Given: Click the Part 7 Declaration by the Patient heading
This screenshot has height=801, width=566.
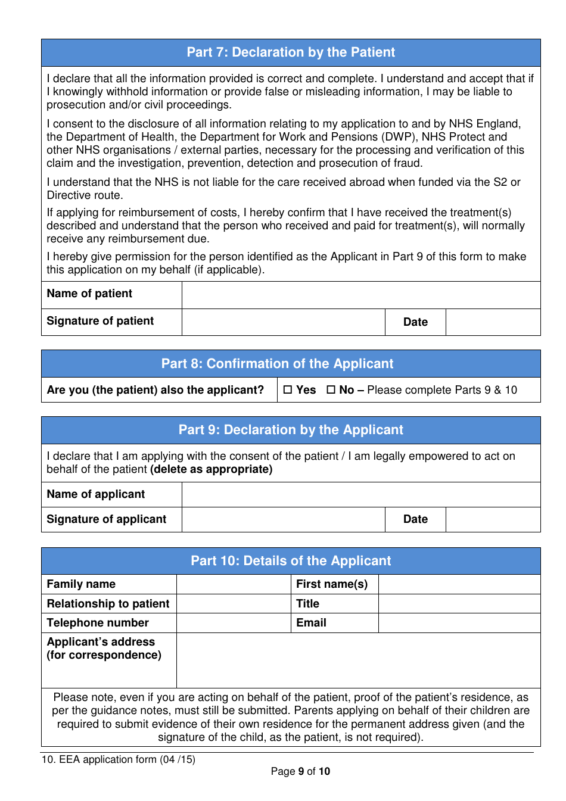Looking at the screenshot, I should (x=291, y=52).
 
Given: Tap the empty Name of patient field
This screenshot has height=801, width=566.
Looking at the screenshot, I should (x=360, y=295).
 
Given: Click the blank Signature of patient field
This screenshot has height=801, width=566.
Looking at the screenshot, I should (x=283, y=322).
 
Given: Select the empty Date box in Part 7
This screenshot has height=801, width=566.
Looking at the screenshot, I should (x=493, y=322).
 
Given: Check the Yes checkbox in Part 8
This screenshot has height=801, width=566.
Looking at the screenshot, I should (x=288, y=390).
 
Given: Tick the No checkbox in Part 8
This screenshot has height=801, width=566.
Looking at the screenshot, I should (x=331, y=390).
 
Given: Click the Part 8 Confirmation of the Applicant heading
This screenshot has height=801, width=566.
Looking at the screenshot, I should (x=278, y=364).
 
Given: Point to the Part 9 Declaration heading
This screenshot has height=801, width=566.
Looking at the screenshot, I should (x=291, y=430).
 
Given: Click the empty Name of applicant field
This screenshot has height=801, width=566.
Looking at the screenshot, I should (x=360, y=495).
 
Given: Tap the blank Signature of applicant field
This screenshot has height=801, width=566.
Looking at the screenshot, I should (x=283, y=520).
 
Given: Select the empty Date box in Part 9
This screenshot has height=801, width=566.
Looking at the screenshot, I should (x=493, y=520).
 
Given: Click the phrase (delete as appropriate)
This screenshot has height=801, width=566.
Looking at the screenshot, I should (x=212, y=469).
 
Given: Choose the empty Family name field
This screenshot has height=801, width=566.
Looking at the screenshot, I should (x=234, y=584).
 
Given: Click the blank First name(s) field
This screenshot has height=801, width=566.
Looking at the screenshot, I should (x=459, y=584).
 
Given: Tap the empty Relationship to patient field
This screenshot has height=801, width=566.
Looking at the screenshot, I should (x=234, y=604).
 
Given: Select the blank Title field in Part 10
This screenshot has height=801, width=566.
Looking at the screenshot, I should (x=459, y=604).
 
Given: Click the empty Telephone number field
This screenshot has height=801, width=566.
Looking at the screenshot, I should (x=234, y=623).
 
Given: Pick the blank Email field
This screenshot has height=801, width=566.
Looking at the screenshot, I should (x=459, y=623).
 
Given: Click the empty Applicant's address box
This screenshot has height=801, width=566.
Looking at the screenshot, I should (x=358, y=660).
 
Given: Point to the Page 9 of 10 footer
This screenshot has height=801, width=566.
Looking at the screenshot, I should (x=300, y=772).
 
